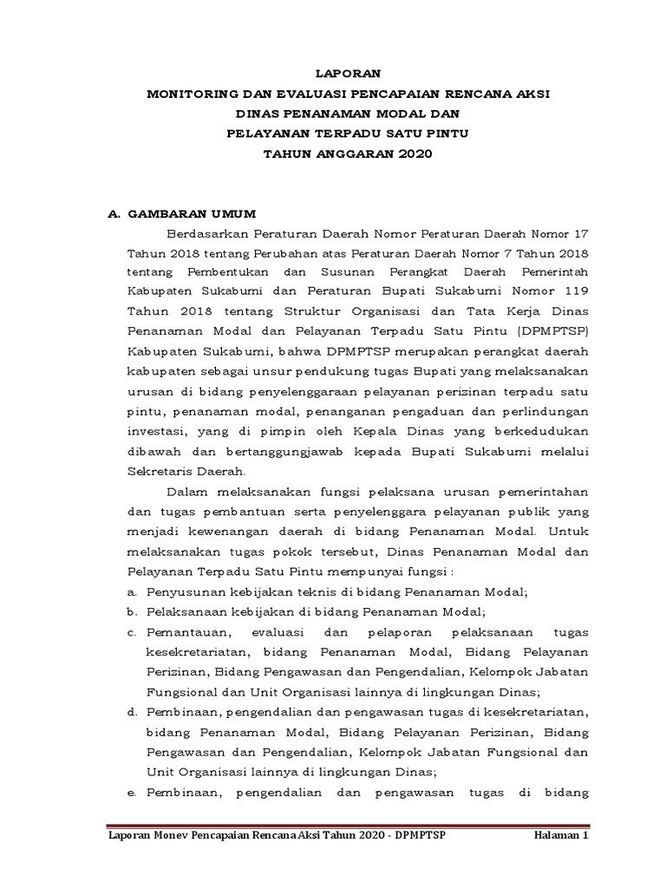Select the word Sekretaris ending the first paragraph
(x=162, y=473)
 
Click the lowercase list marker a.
(x=131, y=592)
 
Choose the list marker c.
(x=131, y=632)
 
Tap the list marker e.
(x=131, y=792)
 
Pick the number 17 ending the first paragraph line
(x=581, y=233)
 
